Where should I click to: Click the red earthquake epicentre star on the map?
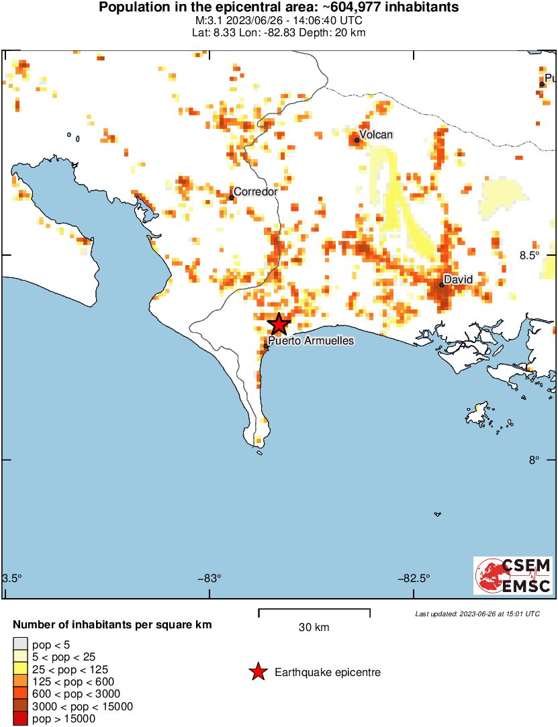279,324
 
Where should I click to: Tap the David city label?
459,279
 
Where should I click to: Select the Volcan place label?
376,135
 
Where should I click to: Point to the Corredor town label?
255,192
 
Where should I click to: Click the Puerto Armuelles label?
311,341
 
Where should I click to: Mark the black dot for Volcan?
357,140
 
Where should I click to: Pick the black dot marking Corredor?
232,197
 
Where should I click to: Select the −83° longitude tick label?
210,579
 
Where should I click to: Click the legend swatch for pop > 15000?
20,719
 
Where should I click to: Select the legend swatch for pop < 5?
20,645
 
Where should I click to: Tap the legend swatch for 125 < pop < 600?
20,682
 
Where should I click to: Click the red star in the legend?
258,672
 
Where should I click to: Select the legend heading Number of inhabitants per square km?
113,625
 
